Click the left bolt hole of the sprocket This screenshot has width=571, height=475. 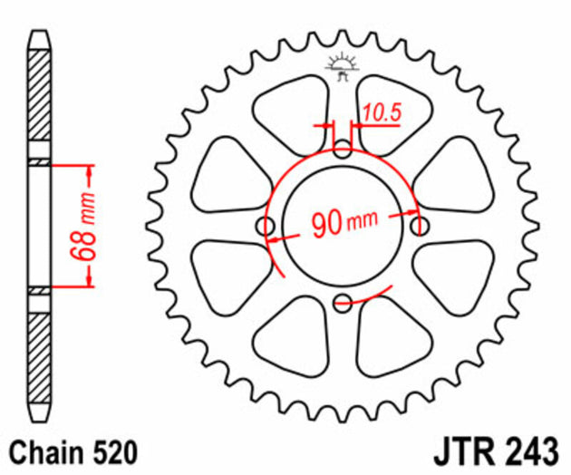pos(266,225)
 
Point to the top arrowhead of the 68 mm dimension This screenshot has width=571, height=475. pos(90,170)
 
